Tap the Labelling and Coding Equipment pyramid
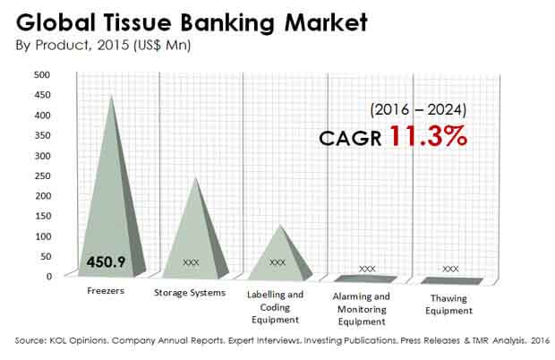coord(280,259)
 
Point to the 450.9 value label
coord(106,262)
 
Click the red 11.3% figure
coord(428,136)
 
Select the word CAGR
coord(350,138)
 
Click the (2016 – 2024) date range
coord(418,110)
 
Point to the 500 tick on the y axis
coord(42,74)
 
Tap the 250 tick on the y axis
coord(42,176)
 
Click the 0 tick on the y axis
coord(49,277)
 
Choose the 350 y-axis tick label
coord(42,135)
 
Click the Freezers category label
coord(106,291)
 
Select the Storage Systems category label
coord(190,293)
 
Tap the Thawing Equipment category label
coord(448,304)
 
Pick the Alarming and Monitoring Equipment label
coord(362,309)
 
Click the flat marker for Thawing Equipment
coord(452,280)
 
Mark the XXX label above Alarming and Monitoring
coord(367,269)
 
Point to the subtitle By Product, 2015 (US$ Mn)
coord(103,46)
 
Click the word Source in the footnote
coord(30,340)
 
